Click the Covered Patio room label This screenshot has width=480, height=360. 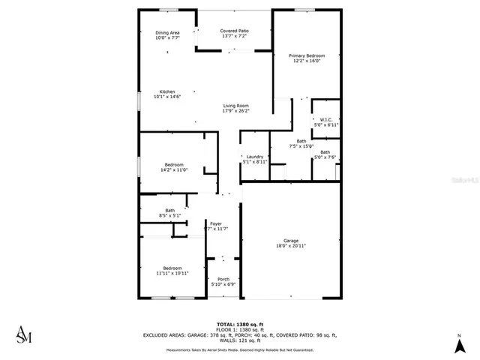click(235, 31)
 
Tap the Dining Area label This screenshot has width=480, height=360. click(167, 33)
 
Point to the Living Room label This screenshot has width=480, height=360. click(235, 106)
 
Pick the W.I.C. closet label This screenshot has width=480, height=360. click(326, 120)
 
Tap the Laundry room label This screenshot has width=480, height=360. click(255, 156)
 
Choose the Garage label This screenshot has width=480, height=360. click(291, 241)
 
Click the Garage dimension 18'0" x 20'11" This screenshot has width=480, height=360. click(291, 246)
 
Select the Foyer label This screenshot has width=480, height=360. click(216, 223)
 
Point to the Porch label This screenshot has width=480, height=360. click(223, 280)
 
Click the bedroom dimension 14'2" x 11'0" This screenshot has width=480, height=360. click(174, 170)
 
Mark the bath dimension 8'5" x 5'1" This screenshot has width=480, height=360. click(169, 216)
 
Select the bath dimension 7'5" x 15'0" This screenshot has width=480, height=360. click(301, 146)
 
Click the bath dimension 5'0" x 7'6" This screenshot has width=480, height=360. click(325, 157)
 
